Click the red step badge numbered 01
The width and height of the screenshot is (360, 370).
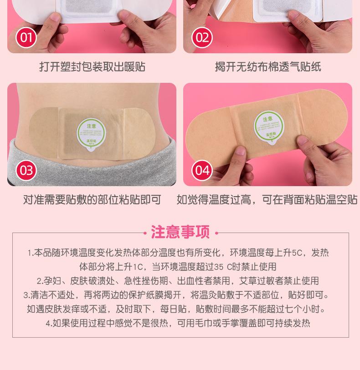point(26,37)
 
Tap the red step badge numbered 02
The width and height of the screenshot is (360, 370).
point(202,37)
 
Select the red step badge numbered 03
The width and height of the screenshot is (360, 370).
point(26,170)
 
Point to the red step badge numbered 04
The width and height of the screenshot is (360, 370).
point(202,170)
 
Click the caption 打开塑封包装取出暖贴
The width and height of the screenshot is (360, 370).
point(92,67)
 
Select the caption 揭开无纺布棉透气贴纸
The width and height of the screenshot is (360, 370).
point(267,67)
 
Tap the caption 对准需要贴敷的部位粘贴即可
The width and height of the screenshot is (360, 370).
point(92,200)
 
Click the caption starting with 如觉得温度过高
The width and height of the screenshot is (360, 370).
point(267,200)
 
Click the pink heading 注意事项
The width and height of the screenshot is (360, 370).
point(180,233)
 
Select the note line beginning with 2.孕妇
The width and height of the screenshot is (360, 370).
point(178,281)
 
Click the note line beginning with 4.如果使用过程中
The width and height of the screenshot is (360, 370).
point(178,324)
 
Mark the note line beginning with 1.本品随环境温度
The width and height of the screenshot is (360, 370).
point(178,253)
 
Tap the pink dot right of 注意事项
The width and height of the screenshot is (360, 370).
point(216,233)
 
